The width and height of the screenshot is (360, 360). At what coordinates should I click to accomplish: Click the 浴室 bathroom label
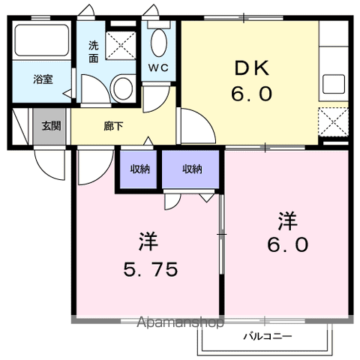[x=43, y=79]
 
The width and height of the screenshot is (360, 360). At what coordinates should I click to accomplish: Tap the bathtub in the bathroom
[x=41, y=40]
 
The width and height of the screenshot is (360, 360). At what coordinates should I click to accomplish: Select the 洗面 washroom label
[x=94, y=52]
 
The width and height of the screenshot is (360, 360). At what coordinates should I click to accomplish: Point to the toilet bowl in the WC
[x=159, y=43]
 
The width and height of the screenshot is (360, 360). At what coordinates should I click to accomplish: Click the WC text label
[x=158, y=67]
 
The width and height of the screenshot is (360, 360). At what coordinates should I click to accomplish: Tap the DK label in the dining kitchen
[x=252, y=68]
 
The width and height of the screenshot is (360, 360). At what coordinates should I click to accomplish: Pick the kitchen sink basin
[x=334, y=84]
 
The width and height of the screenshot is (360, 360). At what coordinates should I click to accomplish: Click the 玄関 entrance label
[x=51, y=126]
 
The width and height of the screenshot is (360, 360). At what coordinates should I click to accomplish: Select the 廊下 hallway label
[x=113, y=126]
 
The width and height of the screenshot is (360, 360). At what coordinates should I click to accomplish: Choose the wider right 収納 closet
[x=190, y=169]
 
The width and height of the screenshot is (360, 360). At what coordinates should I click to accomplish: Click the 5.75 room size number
[x=151, y=269]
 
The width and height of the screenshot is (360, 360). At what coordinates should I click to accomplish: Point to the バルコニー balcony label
[x=268, y=336]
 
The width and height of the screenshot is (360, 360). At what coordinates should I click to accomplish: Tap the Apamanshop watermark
[x=180, y=322]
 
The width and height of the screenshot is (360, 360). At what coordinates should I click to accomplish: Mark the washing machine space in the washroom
[x=121, y=46]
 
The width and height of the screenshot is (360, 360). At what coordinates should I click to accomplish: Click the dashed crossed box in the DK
[x=333, y=122]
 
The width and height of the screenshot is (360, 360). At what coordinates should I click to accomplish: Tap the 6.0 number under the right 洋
[x=287, y=244]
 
